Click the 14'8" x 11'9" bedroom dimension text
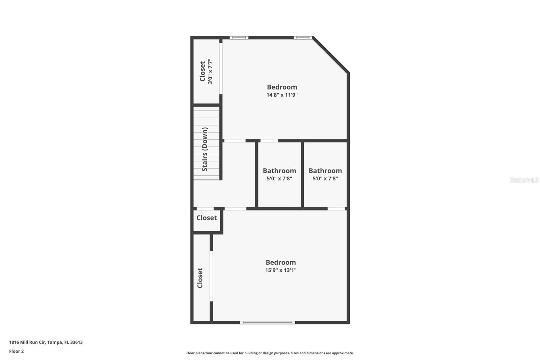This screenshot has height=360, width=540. [x=282, y=95]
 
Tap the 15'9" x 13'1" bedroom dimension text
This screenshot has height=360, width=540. [x=280, y=270]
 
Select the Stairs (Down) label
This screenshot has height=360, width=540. [x=205, y=149]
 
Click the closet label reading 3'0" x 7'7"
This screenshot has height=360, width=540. [x=210, y=71]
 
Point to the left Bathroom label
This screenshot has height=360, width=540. [x=279, y=171]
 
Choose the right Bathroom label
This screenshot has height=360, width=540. [x=325, y=171]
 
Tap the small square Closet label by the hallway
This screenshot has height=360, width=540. [x=207, y=218]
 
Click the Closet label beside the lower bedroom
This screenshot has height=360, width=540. [x=200, y=278]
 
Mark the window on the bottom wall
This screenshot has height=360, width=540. [x=267, y=323]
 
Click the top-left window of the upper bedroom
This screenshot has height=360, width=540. [x=239, y=37]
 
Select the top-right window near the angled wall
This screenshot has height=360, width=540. [x=302, y=37]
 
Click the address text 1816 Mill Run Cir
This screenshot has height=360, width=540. [x=46, y=342]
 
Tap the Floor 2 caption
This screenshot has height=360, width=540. [x=17, y=351]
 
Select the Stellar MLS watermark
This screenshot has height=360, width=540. [x=524, y=180]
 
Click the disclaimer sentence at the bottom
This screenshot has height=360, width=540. [x=270, y=353]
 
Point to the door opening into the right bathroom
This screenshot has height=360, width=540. [x=336, y=209]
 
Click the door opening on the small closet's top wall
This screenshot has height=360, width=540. [x=205, y=209]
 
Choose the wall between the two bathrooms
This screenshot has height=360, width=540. [x=302, y=175]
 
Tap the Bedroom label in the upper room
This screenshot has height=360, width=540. [x=282, y=87]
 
